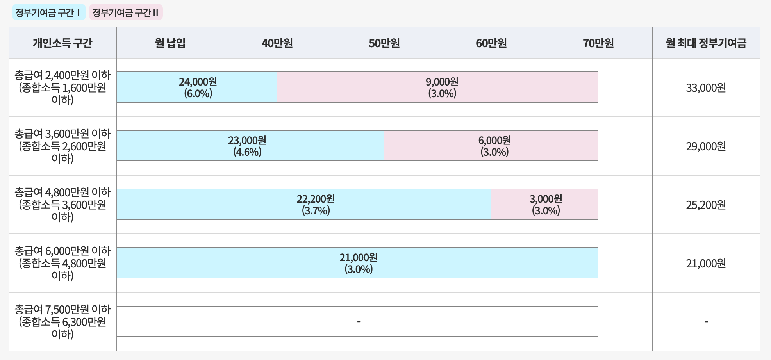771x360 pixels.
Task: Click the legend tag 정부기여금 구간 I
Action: [48, 13]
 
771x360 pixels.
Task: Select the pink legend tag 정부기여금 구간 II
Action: [125, 13]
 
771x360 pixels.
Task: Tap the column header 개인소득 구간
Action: [62, 43]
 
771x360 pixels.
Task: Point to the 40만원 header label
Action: [277, 43]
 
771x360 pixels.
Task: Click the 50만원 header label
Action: [384, 43]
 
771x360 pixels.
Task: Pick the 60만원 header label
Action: [491, 43]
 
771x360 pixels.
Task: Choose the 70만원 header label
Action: [598, 43]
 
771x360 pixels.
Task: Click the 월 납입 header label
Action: [170, 43]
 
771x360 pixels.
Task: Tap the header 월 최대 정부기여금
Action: [706, 43]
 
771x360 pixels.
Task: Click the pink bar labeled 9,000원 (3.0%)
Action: [442, 87]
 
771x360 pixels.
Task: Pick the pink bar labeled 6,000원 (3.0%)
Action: [494, 146]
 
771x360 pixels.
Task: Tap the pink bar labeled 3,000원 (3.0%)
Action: [545, 204]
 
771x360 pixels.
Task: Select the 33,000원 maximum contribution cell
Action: [706, 88]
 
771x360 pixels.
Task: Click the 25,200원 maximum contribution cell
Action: [706, 205]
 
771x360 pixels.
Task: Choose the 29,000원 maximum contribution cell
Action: [706, 146]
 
